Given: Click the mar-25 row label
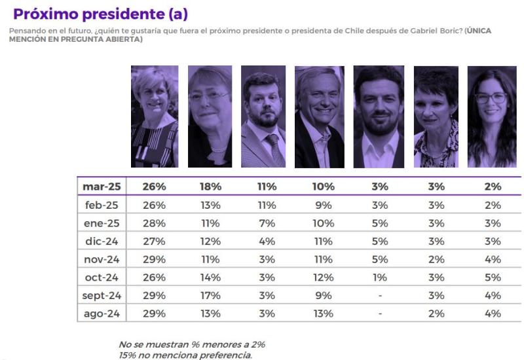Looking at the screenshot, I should coord(101,187).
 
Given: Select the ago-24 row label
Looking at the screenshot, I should coord(101,314).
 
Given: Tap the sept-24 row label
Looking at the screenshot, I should coord(101,295).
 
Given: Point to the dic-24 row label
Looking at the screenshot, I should coord(101,241).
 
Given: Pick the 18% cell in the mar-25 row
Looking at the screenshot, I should coord(210,187).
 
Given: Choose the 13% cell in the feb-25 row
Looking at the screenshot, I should coord(210,205).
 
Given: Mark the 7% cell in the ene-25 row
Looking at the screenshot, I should coord(266,223).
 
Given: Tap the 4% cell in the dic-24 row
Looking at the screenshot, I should coord(266,241).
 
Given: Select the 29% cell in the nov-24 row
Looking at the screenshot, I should coord(154,259).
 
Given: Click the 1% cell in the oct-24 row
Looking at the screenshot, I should coord(379,277).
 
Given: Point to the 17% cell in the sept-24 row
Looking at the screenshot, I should coord(210,295).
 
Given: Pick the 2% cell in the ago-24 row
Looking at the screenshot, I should coord(436,314).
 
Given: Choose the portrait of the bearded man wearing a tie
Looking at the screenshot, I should coord(263,117).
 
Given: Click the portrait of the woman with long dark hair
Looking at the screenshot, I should coord(491,117).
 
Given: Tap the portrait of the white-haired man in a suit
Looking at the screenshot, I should coord(319,117).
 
